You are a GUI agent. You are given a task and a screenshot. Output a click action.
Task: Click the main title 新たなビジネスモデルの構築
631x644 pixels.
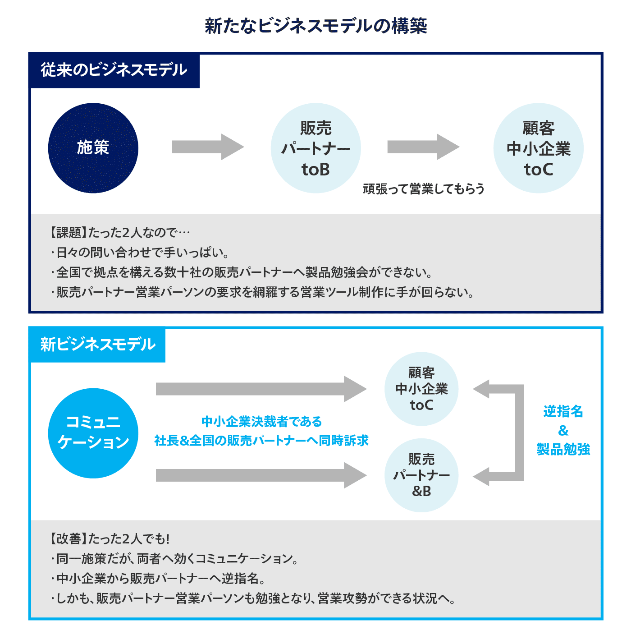pyautogui.click(x=315, y=26)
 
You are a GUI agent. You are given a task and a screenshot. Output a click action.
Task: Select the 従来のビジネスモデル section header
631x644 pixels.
pyautogui.click(x=114, y=70)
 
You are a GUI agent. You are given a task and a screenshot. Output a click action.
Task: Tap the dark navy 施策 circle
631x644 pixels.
pyautogui.click(x=93, y=148)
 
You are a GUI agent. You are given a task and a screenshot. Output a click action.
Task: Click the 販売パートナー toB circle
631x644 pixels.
pyautogui.click(x=315, y=148)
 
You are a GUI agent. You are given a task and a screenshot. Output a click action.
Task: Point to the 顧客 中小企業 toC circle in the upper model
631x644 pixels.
pyautogui.click(x=538, y=148)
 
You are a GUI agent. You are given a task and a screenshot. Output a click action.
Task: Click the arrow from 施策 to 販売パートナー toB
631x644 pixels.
pyautogui.click(x=207, y=147)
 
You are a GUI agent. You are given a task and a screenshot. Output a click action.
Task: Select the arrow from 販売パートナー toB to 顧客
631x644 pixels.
pyautogui.click(x=423, y=147)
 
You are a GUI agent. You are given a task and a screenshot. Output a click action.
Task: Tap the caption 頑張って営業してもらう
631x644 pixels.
pyautogui.click(x=424, y=189)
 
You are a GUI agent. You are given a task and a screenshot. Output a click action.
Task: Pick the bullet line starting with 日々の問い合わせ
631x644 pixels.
pyautogui.click(x=140, y=252)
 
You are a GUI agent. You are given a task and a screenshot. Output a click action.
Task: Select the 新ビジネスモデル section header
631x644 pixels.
pyautogui.click(x=97, y=345)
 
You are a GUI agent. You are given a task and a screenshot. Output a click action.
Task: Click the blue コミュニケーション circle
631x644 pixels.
pyautogui.click(x=93, y=433)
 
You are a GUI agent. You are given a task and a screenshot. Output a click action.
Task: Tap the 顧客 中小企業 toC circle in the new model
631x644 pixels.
pyautogui.click(x=421, y=389)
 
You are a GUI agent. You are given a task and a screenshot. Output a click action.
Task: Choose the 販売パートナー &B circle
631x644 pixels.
pyautogui.click(x=421, y=475)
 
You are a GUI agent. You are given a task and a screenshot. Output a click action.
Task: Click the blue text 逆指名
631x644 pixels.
pyautogui.click(x=563, y=411)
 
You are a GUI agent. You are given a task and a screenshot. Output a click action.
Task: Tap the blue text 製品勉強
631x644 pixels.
pyautogui.click(x=563, y=449)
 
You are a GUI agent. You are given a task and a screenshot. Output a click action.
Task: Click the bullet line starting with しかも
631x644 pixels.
pyautogui.click(x=252, y=598)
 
